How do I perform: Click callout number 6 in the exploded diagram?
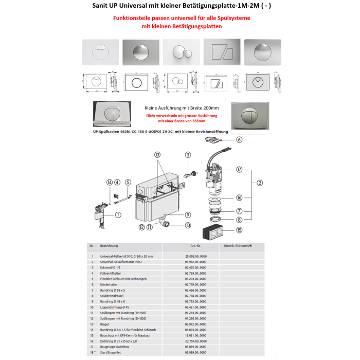click(x=239, y=139)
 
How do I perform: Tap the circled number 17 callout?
click(x=239, y=170)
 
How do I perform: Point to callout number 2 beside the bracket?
click(x=260, y=182)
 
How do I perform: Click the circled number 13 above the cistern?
click(x=157, y=155)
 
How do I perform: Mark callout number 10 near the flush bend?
click(x=188, y=225)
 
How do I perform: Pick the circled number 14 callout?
click(x=109, y=182)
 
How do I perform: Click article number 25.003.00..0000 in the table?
click(x=200, y=256)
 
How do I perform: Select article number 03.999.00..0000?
click(x=200, y=352)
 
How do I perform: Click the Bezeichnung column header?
click(x=109, y=245)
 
